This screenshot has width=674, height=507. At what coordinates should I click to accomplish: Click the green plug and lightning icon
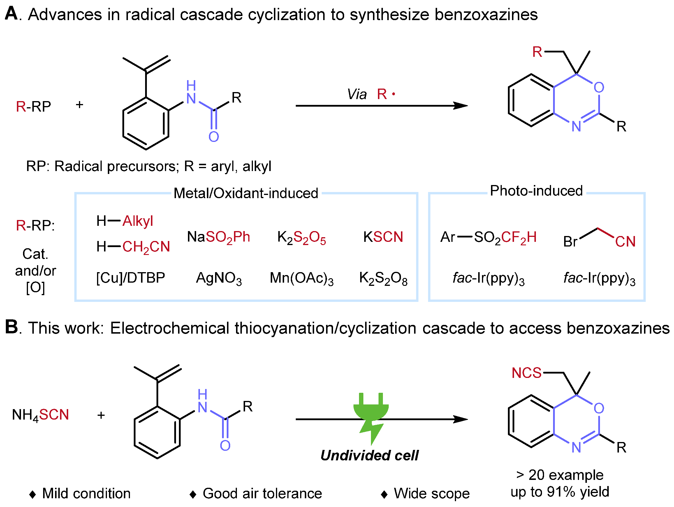point(371,418)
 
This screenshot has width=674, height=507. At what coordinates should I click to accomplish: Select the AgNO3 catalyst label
point(219,278)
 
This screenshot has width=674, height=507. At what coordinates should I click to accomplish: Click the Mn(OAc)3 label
point(301,278)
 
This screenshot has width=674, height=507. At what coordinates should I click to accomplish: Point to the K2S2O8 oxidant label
point(383,278)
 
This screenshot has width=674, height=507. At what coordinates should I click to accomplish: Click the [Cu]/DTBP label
point(131,278)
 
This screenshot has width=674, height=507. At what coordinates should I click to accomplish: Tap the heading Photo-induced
point(536,191)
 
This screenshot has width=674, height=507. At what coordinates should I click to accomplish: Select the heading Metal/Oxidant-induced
point(246,193)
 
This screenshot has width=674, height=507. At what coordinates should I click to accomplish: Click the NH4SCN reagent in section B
point(41,415)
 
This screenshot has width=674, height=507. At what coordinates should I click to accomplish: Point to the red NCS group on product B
point(526,373)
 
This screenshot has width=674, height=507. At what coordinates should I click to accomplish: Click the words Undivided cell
point(369,455)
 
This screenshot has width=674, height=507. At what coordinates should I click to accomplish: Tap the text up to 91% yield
point(559,492)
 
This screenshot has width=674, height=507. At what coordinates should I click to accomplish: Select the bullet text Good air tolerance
point(262,493)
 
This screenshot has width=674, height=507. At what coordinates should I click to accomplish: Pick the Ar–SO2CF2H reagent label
point(488,237)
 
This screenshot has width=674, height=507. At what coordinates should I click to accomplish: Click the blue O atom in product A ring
point(599,87)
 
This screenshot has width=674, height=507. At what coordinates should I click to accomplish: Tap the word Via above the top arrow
point(356,94)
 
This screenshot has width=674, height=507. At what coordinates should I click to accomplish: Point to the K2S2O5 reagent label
point(301,238)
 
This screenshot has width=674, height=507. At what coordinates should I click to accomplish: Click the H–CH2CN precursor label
point(133,247)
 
